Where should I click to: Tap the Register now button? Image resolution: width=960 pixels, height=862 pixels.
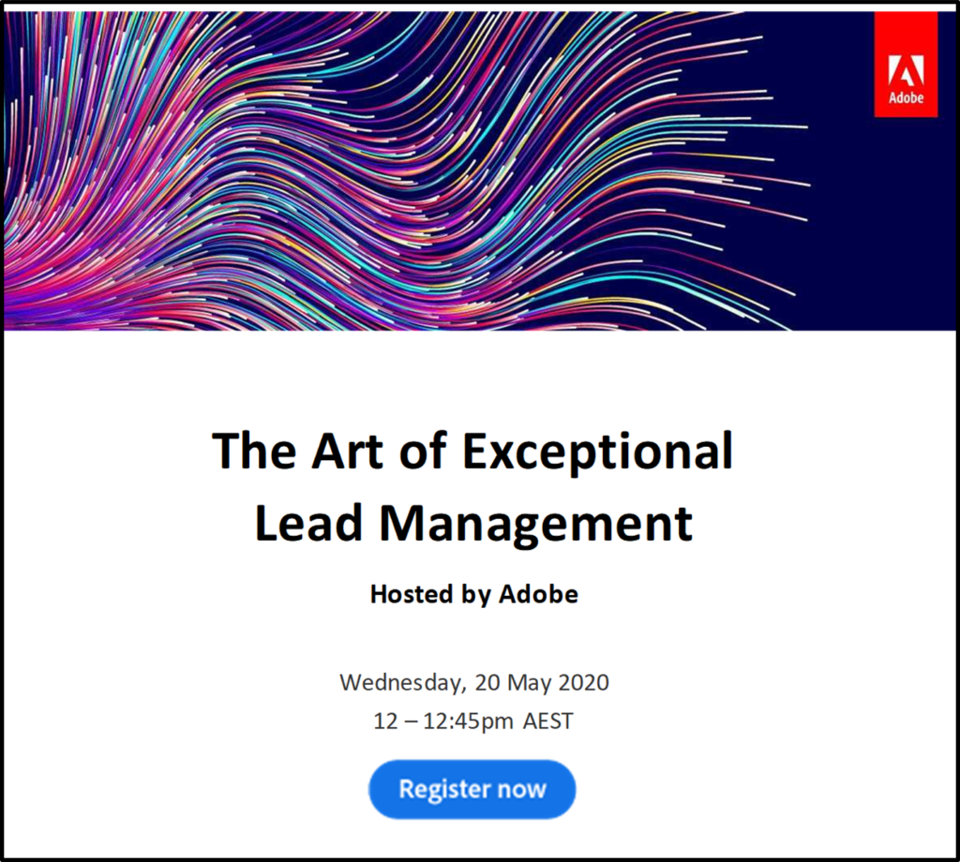pyautogui.click(x=472, y=789)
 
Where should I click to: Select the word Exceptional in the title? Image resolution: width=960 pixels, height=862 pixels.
pyautogui.click(x=598, y=452)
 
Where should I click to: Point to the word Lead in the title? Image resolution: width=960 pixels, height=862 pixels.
pyautogui.click(x=308, y=523)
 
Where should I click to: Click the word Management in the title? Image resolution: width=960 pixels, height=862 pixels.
pyautogui.click(x=535, y=525)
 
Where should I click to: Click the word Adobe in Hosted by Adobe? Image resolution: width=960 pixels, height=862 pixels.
pyautogui.click(x=538, y=594)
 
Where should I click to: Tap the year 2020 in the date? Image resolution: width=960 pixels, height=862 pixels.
pyautogui.click(x=583, y=681)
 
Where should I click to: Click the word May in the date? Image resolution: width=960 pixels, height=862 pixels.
pyautogui.click(x=528, y=682)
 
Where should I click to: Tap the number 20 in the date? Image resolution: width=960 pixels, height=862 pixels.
pyautogui.click(x=487, y=681)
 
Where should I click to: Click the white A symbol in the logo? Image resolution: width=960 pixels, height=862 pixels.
pyautogui.click(x=906, y=70)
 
